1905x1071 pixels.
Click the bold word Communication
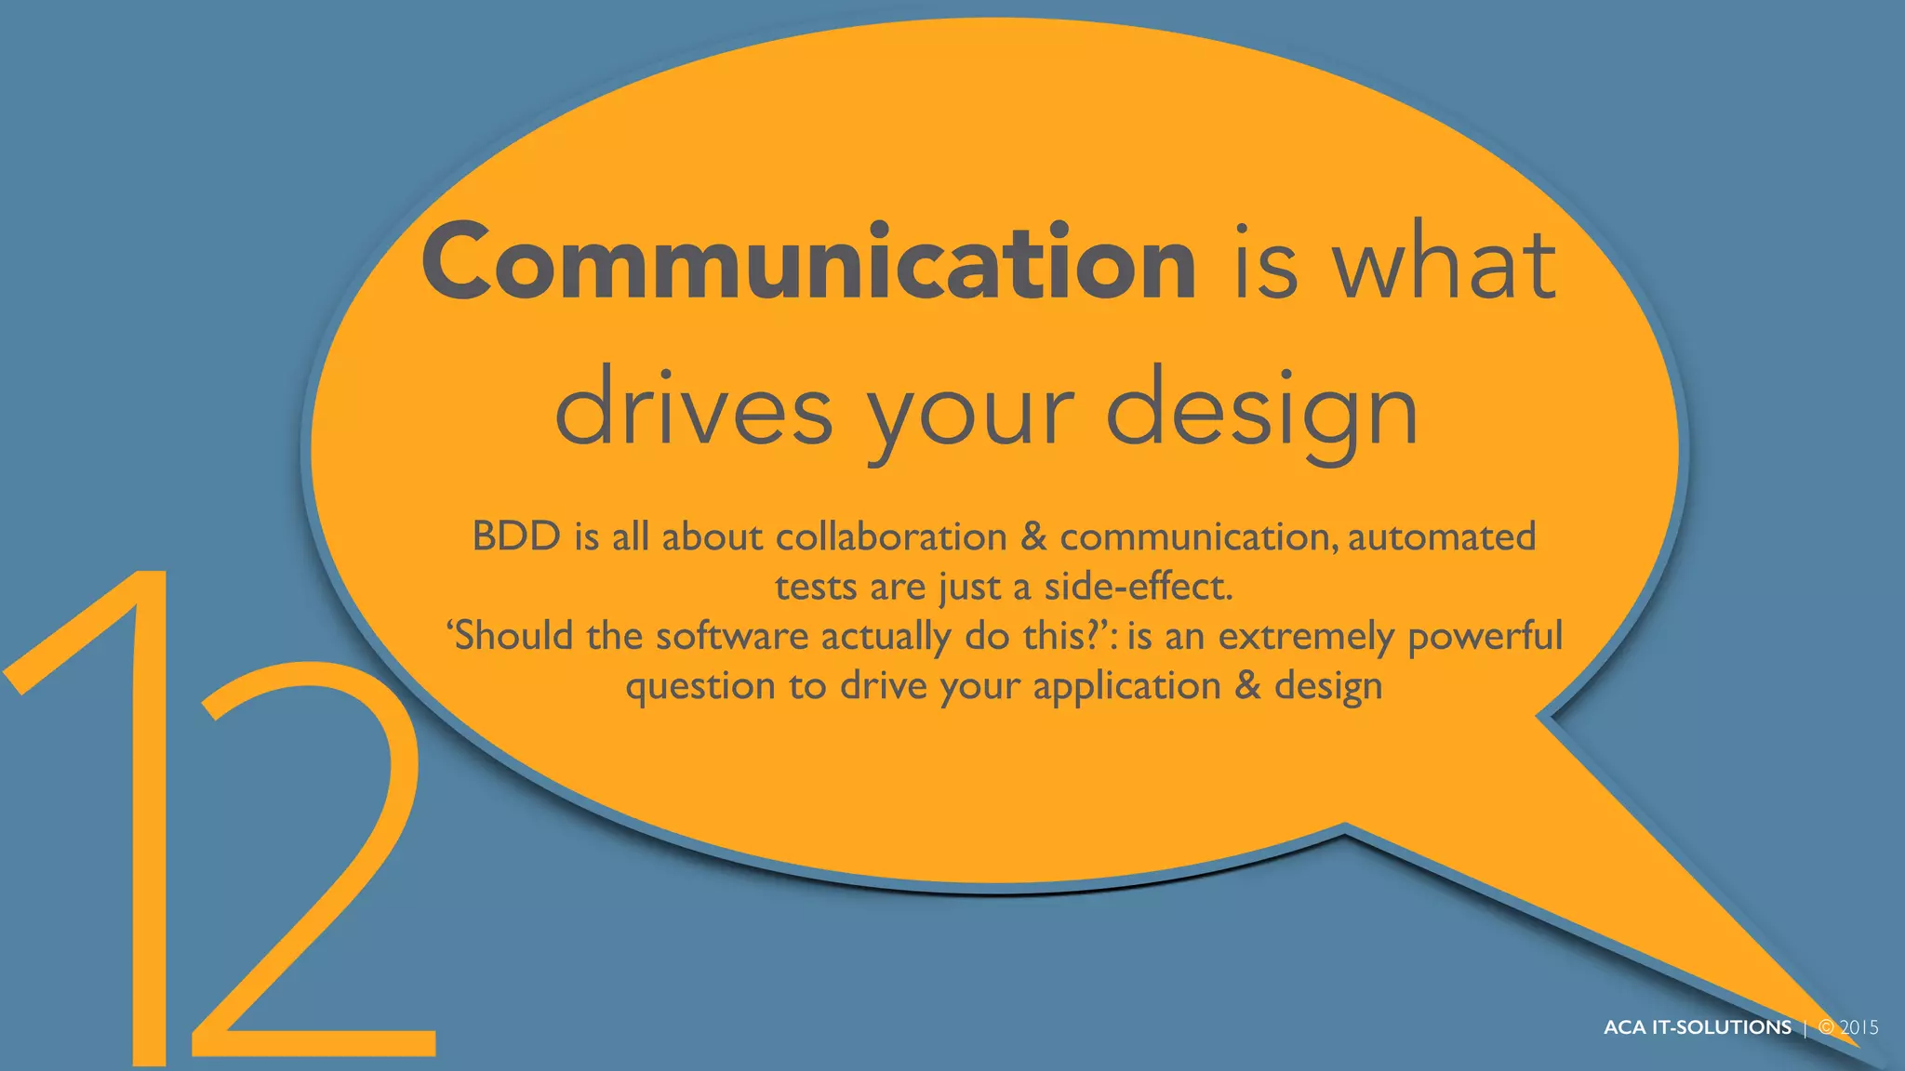pyautogui.click(x=807, y=262)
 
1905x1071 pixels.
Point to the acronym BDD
pyautogui.click(x=516, y=536)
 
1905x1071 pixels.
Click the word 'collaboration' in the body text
pyautogui.click(x=891, y=536)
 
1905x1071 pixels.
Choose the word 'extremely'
pyautogui.click(x=1306, y=636)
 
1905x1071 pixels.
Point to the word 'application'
pyautogui.click(x=1126, y=687)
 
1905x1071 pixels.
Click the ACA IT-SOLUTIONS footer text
pyautogui.click(x=1697, y=1027)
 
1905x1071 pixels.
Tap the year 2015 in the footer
pyautogui.click(x=1859, y=1027)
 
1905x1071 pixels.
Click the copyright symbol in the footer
pyautogui.click(x=1827, y=1027)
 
